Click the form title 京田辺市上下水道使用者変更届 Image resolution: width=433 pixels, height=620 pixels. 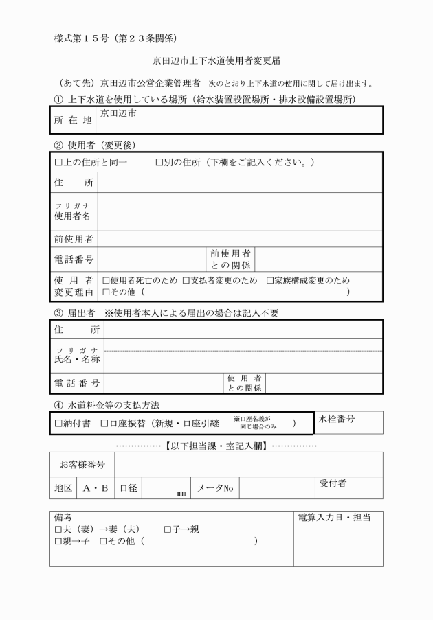tap(216, 61)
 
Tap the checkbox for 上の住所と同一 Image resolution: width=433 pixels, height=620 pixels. tap(58, 163)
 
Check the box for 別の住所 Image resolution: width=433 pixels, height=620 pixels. tap(159, 163)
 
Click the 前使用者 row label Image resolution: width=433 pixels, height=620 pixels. tap(74, 239)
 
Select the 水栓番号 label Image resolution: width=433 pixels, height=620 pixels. tap(337, 420)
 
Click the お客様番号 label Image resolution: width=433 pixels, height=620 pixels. tap(82, 465)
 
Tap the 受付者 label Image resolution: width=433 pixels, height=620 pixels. tap(333, 483)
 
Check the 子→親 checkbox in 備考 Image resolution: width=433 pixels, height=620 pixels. tap(168, 529)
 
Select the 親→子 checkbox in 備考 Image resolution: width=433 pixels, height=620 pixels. tap(58, 542)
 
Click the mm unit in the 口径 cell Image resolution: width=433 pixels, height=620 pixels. tap(181, 493)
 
